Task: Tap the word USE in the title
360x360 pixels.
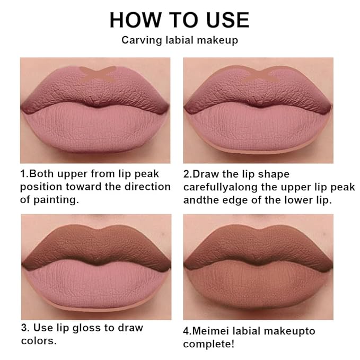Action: click(224, 20)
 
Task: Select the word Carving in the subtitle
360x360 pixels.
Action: click(139, 40)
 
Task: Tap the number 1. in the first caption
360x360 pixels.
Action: click(24, 174)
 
